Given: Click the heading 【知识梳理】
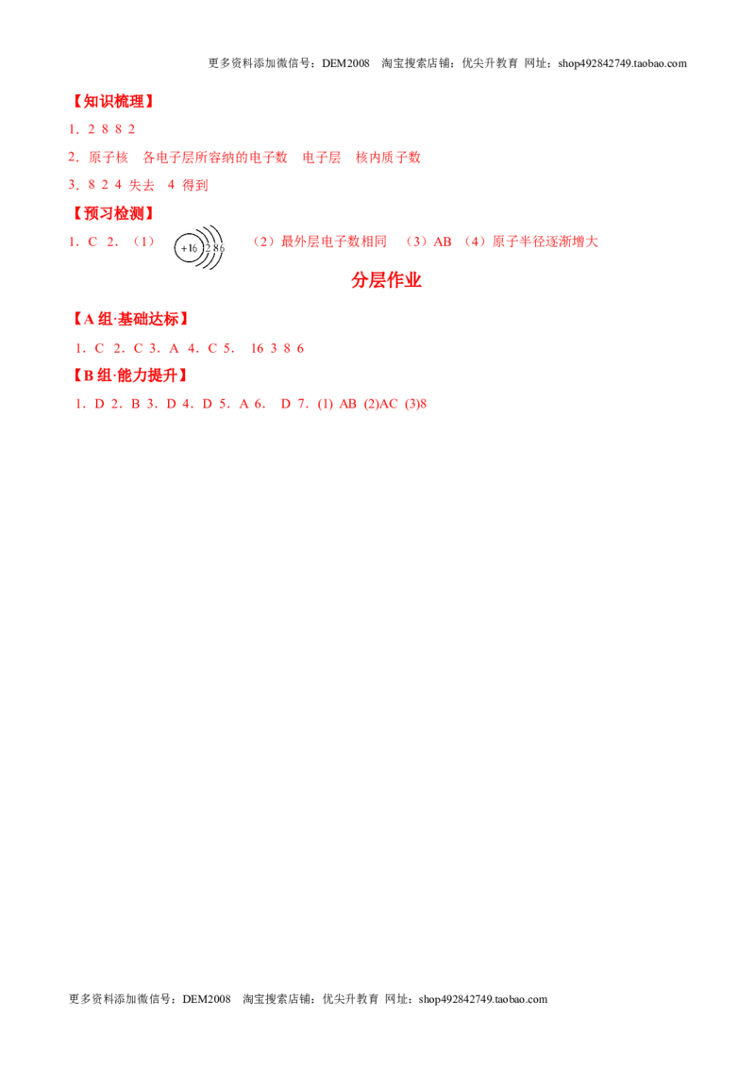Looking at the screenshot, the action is click(x=112, y=102).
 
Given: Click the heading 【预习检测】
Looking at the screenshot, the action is click(x=112, y=213).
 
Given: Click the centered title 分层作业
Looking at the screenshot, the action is click(x=386, y=280).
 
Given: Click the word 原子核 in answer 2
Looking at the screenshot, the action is click(x=109, y=158).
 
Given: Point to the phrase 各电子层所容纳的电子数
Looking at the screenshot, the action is click(x=214, y=158).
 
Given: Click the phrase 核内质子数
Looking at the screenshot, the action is click(x=389, y=158).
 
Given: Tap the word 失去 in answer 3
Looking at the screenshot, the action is click(x=142, y=185).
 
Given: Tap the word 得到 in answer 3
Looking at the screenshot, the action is click(x=194, y=185).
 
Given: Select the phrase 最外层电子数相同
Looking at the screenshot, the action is click(x=334, y=242).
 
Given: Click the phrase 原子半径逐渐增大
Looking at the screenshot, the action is click(x=545, y=242).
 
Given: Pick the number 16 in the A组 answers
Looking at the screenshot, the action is click(x=257, y=348).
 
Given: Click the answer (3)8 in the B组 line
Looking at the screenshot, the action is click(x=415, y=404).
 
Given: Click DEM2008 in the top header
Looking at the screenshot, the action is click(x=345, y=63).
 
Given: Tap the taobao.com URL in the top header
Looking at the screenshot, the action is click(x=622, y=63).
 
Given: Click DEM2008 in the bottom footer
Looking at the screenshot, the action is click(x=207, y=999).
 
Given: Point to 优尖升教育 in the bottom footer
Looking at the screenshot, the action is click(x=350, y=999).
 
